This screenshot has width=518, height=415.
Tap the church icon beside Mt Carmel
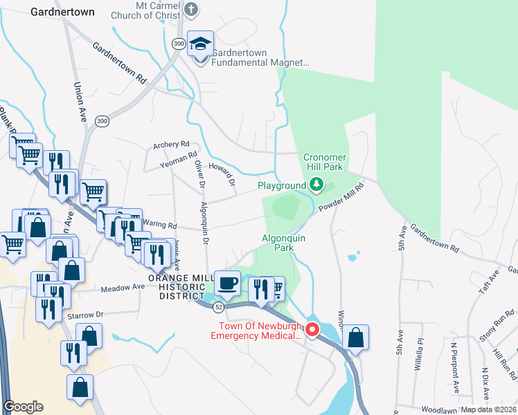point(193,10)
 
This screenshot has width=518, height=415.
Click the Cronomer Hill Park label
point(323,162)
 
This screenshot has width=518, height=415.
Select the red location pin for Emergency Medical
point(312,331)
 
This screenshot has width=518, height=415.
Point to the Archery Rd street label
point(171,145)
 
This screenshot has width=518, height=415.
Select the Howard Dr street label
point(223,177)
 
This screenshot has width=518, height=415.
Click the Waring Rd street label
point(157,223)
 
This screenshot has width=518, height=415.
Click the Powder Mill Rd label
point(341,197)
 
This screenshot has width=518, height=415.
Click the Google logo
point(23,407)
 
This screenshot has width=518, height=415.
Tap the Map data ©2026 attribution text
point(488,409)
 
